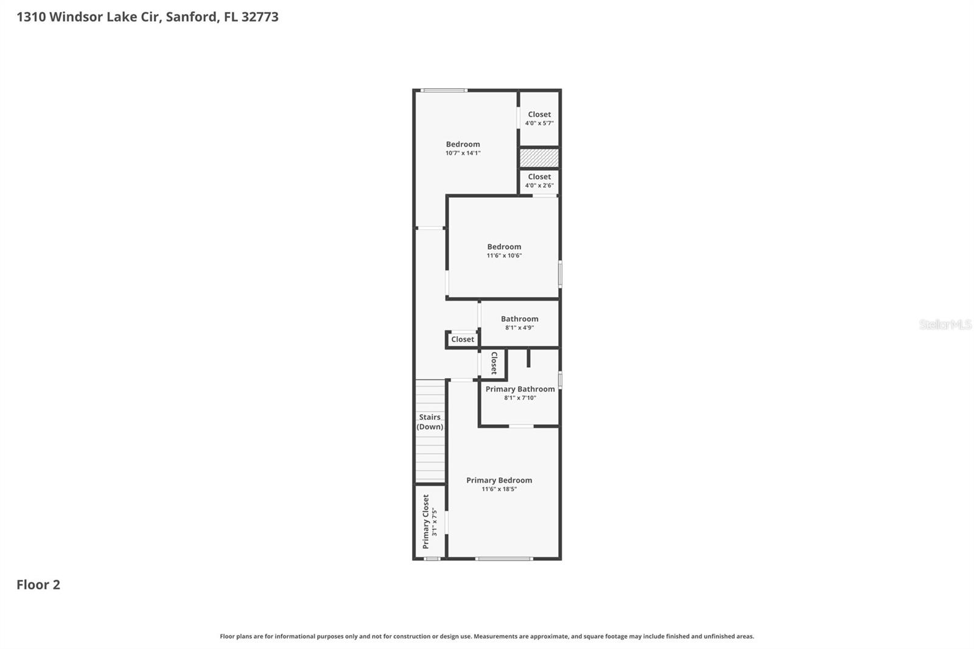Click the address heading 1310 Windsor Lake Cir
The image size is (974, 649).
point(147,17)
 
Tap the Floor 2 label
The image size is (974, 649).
point(38,584)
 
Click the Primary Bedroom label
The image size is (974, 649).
point(499,480)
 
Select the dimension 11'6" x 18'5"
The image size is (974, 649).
point(499,489)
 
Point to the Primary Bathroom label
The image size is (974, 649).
point(520,389)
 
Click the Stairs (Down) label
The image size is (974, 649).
point(430,422)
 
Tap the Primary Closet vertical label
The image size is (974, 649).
point(426,521)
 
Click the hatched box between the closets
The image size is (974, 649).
point(539,158)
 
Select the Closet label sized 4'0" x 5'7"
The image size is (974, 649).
point(539,114)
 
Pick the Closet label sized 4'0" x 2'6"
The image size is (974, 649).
point(539,177)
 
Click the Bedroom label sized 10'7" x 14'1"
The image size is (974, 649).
point(463,144)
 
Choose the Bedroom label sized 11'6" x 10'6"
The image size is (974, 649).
point(504,247)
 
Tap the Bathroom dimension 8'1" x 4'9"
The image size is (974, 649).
point(519,328)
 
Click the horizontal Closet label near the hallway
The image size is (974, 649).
point(463,340)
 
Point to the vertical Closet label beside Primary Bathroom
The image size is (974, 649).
point(494,363)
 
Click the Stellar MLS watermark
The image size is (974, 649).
point(945,324)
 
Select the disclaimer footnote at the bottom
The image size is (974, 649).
point(487,636)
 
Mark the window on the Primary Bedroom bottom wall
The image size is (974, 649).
point(504,558)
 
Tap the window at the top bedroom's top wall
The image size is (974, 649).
point(444,91)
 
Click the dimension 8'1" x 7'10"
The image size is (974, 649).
point(520,398)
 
